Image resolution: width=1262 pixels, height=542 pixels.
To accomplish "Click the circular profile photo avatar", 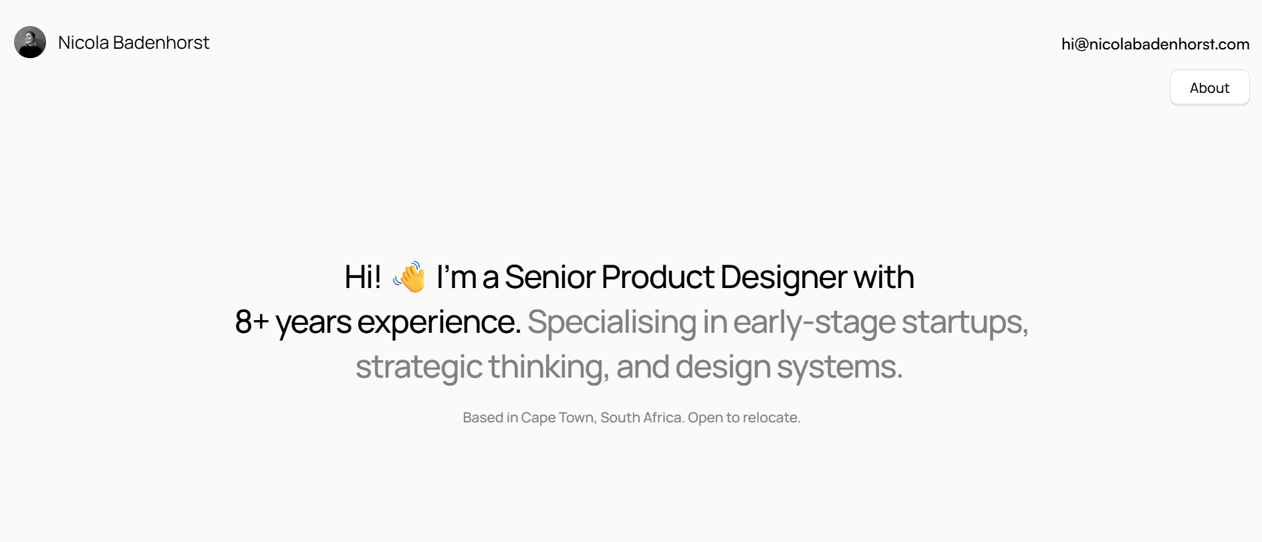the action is click(x=30, y=42).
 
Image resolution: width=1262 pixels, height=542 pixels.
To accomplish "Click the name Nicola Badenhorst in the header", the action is click(x=134, y=43).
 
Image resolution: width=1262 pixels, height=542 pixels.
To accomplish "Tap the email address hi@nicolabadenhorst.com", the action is click(x=1155, y=44).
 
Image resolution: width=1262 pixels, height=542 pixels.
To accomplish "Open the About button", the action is click(x=1209, y=88).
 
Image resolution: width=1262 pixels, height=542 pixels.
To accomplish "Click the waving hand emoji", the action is click(x=409, y=277).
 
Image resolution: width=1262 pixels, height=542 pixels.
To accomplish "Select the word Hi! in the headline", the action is click(x=363, y=277).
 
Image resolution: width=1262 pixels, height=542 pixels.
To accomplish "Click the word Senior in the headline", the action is click(x=550, y=277).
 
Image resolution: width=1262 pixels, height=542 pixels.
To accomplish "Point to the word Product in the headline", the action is click(x=658, y=277).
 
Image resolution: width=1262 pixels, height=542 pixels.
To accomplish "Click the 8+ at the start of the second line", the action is click(x=252, y=321).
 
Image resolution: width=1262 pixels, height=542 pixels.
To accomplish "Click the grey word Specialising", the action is click(x=612, y=323).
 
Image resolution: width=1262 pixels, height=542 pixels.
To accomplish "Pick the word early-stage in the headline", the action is click(x=814, y=323).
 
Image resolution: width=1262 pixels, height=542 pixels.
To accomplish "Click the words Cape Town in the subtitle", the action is click(x=557, y=418).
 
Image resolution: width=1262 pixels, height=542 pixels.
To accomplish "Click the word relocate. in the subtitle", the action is click(x=771, y=418).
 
